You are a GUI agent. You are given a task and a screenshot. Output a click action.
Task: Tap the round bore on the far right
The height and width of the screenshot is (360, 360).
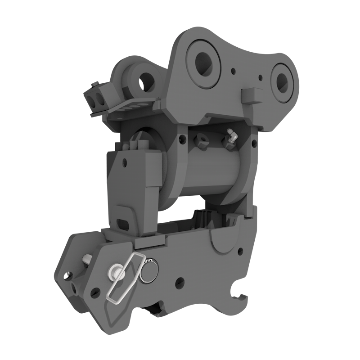click(x=282, y=81)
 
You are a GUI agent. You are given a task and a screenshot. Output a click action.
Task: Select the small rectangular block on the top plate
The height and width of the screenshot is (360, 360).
click(x=251, y=95)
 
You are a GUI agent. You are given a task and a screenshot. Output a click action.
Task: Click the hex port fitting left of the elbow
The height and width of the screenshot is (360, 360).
click(x=201, y=141)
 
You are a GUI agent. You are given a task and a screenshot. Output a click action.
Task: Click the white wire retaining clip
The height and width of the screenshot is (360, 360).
click(x=124, y=279)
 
